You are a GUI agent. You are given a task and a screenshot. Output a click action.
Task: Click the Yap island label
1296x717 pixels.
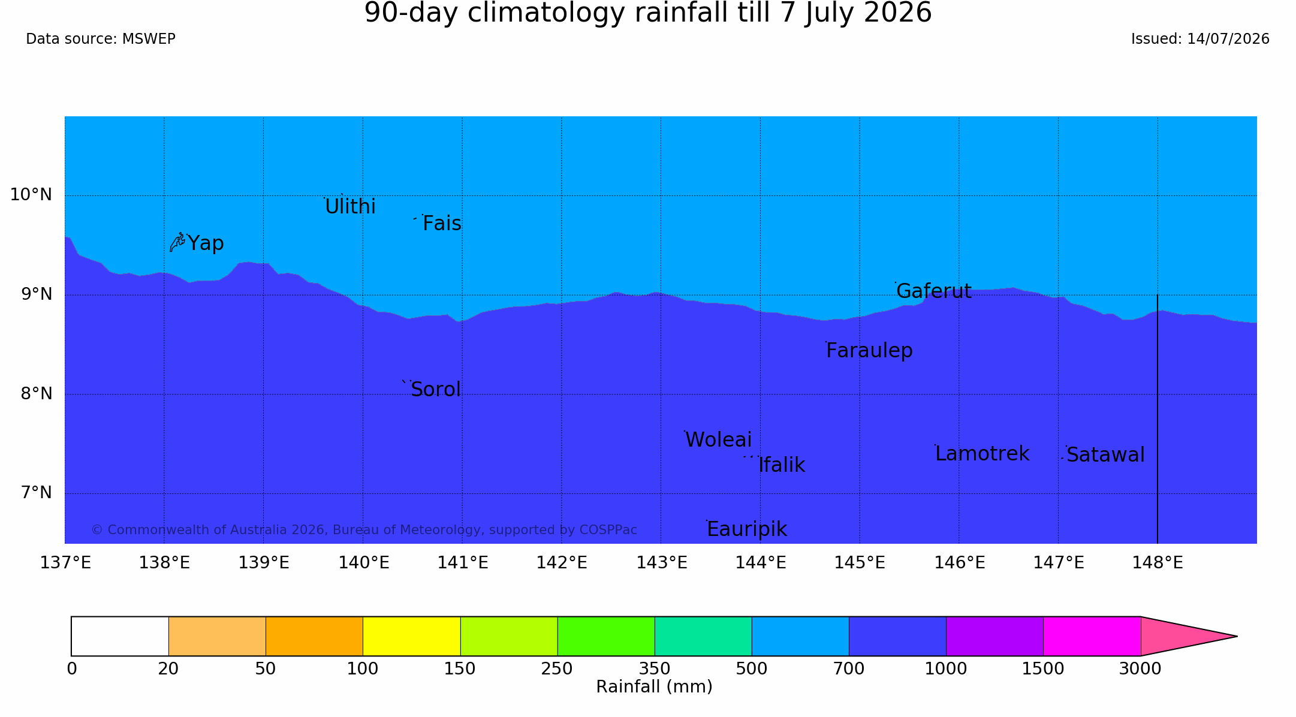tap(206, 243)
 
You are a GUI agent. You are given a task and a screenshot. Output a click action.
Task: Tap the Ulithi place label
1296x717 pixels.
tap(350, 207)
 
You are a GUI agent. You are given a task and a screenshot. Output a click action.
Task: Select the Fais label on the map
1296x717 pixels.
tap(442, 224)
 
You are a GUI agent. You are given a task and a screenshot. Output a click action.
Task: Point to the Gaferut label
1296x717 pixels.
tap(933, 291)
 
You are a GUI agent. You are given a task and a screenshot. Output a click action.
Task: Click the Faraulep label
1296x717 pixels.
tap(869, 351)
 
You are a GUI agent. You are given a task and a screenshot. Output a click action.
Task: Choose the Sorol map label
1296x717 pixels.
tap(436, 390)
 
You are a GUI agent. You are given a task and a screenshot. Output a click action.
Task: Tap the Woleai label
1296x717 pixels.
tap(718, 440)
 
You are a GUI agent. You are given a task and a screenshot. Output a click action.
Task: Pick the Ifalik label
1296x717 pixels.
tap(782, 465)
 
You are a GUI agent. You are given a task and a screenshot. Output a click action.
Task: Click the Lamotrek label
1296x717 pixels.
tap(982, 454)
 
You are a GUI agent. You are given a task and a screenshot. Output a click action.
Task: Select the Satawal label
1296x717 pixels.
tap(1105, 455)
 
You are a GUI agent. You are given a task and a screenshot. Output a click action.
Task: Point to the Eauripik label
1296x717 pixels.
tap(747, 529)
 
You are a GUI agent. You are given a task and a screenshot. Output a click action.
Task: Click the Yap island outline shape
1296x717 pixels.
tap(177, 243)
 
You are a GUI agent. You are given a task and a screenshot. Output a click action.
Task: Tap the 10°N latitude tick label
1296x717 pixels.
tap(31, 195)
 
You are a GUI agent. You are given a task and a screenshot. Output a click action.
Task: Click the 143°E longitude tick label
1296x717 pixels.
tap(661, 563)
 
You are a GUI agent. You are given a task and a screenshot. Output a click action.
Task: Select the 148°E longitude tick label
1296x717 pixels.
tap(1157, 563)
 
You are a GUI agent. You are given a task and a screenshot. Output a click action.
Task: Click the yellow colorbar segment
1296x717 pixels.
tap(411, 636)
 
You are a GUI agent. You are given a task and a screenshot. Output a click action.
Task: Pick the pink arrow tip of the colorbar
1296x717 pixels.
tap(1237, 636)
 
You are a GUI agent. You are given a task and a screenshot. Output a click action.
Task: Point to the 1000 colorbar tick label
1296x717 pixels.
tap(946, 669)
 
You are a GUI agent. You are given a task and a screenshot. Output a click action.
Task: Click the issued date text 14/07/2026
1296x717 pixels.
tap(1228, 39)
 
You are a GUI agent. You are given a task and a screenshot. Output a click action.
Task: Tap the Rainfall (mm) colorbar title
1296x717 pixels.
tap(654, 687)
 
